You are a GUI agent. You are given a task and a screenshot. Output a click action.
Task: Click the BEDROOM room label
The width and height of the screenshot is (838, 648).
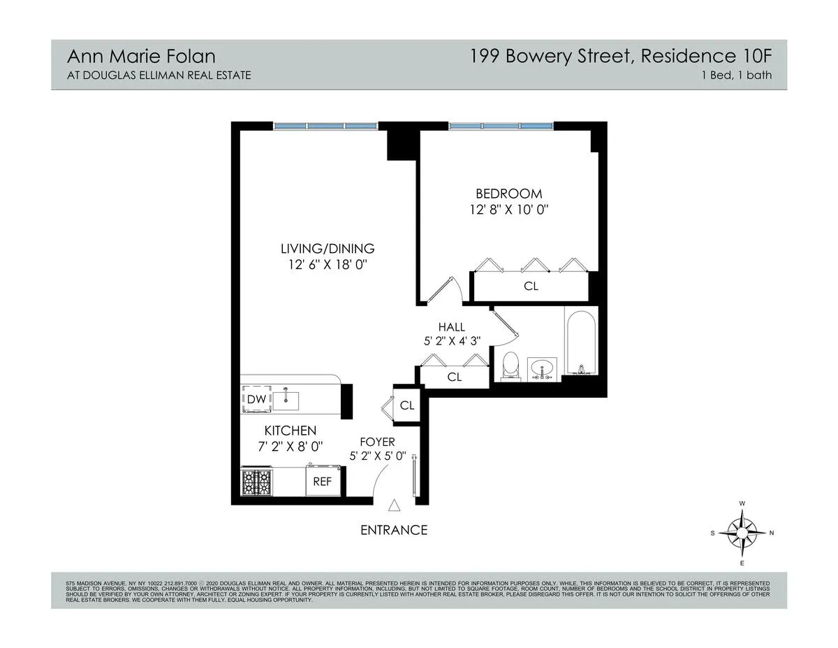pyautogui.click(x=508, y=194)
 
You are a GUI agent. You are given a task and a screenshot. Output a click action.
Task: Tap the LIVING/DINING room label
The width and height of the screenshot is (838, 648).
pyautogui.click(x=328, y=248)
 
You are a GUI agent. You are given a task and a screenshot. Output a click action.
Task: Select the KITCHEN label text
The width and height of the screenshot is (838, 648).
pyautogui.click(x=290, y=431)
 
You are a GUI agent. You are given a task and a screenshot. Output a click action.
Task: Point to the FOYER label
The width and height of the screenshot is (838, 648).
pyautogui.click(x=377, y=442)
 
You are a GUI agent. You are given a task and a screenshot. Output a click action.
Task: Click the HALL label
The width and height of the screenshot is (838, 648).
pyautogui.click(x=451, y=326)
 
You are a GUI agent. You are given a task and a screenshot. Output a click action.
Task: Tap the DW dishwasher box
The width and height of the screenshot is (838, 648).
pyautogui.click(x=256, y=399)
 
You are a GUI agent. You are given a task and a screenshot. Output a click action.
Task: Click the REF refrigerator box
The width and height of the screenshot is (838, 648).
pyautogui.click(x=322, y=482)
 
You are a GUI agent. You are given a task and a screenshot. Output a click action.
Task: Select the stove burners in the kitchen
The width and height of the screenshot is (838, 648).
pyautogui.click(x=256, y=482)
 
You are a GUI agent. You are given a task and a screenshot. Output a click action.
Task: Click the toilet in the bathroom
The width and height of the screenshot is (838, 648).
pyautogui.click(x=510, y=366)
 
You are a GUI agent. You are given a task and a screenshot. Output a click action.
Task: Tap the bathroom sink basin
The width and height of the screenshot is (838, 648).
pyautogui.click(x=542, y=367)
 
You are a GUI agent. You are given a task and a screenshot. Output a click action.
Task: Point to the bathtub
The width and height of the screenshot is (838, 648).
pyautogui.click(x=580, y=344)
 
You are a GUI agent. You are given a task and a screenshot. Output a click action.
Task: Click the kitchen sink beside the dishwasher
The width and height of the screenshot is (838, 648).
pyautogui.click(x=286, y=400)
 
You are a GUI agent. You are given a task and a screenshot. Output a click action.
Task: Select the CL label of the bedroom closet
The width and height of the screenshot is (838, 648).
pyautogui.click(x=531, y=286)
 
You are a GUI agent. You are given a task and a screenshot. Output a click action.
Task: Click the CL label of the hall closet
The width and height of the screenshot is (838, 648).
pyautogui.click(x=455, y=377)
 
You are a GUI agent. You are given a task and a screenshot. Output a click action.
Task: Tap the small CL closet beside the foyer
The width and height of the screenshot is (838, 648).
pyautogui.click(x=407, y=405)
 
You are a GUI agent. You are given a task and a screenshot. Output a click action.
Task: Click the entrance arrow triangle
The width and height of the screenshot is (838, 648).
pyautogui.click(x=394, y=505)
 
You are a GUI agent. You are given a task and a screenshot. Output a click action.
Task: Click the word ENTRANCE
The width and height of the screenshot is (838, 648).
pyautogui.click(x=393, y=530)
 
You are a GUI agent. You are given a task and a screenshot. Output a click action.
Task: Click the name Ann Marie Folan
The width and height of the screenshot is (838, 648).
pyautogui.click(x=131, y=55)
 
